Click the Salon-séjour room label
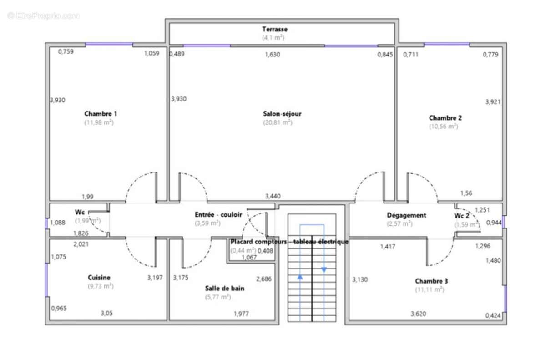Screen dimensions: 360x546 point(282,114)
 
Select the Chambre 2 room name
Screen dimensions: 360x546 point(445,118)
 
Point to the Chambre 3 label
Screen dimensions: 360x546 point(431,281)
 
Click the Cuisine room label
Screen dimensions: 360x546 point(99,277)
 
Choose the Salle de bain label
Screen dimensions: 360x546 point(224,288)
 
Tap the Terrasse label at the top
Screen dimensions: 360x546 point(274,29)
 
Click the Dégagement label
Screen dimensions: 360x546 point(406,215)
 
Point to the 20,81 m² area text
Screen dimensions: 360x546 point(277,122)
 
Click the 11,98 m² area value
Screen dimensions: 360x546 point(99,122)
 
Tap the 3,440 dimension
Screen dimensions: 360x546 point(273,196)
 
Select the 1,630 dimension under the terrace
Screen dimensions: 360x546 point(273,55)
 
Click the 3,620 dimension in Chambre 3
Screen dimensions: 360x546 point(418,314)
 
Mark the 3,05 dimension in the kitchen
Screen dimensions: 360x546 point(106,313)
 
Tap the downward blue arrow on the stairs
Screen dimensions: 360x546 point(324,269)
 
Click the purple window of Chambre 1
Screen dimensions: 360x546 point(109,44)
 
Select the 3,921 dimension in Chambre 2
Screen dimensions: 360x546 point(493,101)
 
